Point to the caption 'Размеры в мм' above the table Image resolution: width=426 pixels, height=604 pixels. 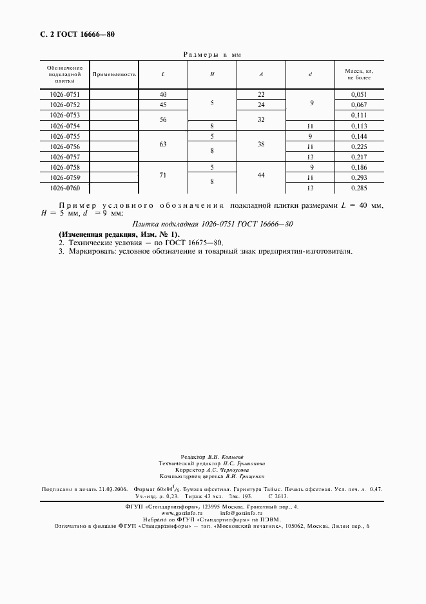coord(212,55)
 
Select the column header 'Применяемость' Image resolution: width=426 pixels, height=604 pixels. coord(114,74)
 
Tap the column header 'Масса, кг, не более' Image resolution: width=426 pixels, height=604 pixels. coord(360,74)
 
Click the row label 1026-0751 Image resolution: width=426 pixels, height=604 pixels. coord(64,95)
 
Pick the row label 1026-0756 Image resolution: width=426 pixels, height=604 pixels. coord(64,146)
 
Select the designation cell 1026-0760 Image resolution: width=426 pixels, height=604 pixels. coord(64,188)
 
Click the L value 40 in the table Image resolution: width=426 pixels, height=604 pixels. coord(163,95)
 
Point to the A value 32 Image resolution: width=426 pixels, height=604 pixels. coord(261,121)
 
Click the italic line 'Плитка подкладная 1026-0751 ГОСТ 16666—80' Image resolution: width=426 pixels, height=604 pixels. coord(213,224)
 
